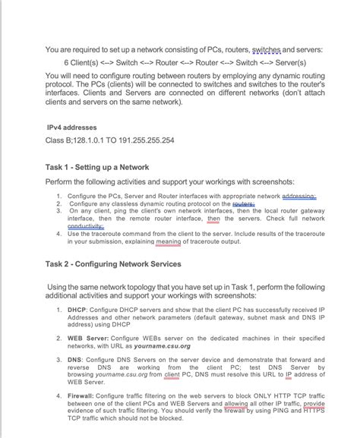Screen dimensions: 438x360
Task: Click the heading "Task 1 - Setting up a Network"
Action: [x=97, y=166]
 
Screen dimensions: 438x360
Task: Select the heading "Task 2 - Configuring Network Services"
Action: [x=113, y=264]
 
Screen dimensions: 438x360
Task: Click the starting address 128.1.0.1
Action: [x=87, y=140]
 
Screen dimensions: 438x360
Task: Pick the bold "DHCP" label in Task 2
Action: [x=77, y=310]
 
